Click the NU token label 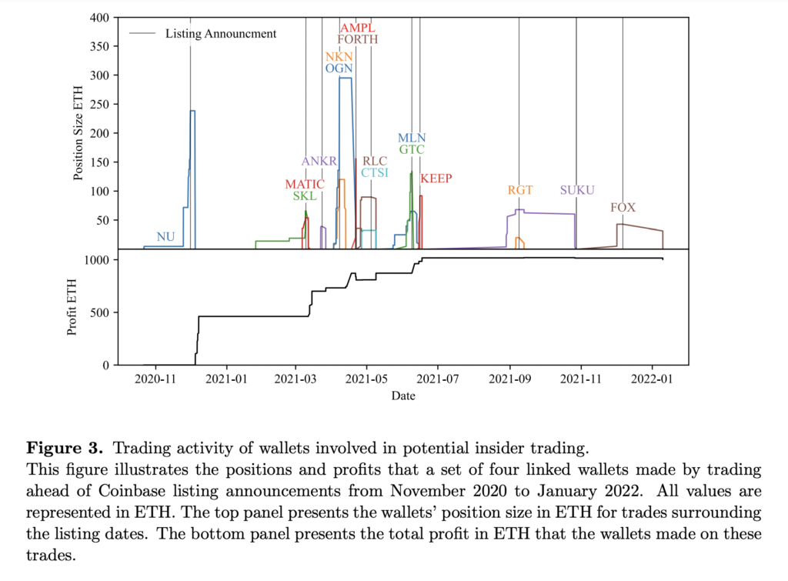165,237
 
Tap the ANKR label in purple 319,162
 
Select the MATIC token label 304,185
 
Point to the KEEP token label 436,179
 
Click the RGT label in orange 520,191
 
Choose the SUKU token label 577,191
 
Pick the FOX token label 623,208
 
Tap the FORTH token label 358,40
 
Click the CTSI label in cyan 375,173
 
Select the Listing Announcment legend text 221,34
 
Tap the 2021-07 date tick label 438,380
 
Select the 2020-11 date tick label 155,380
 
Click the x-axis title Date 402,396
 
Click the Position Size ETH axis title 78,132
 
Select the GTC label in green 412,150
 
